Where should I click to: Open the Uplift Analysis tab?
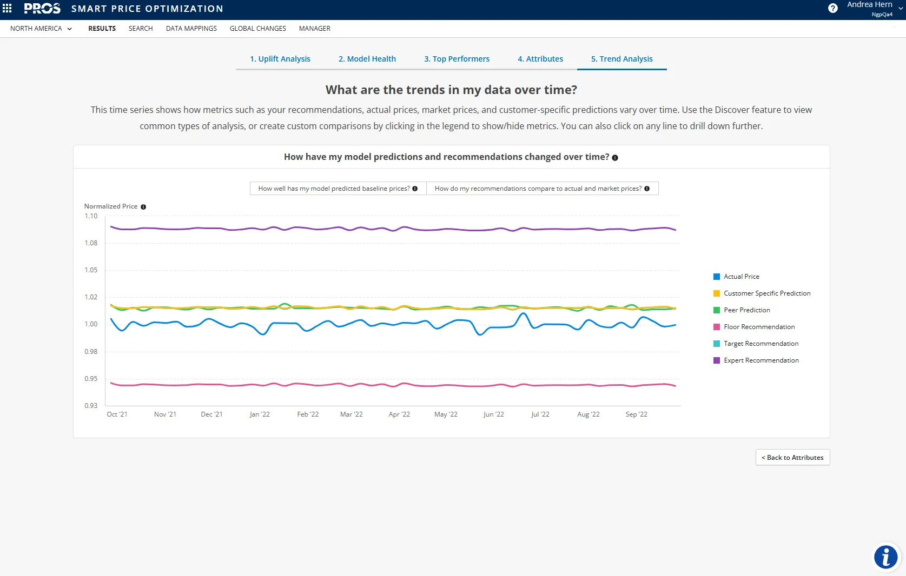pos(280,59)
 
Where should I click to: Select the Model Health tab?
pos(367,59)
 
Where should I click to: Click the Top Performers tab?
pos(457,59)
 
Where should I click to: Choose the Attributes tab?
pos(540,59)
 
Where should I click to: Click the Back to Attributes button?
pos(792,458)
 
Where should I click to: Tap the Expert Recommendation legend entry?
pos(760,360)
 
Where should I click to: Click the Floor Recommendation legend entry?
pos(759,327)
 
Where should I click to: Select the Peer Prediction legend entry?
pos(746,310)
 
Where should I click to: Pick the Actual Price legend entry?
pos(741,277)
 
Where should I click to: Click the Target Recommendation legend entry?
pos(760,344)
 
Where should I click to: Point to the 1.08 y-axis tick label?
pos(91,243)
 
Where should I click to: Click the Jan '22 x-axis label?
pos(260,414)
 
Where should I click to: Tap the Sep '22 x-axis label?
pos(636,414)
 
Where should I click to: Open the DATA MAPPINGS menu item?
pos(191,29)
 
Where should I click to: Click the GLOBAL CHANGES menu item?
pos(257,29)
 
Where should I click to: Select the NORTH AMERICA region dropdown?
pos(41,29)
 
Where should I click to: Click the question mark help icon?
pos(832,8)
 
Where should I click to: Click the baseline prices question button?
pos(338,189)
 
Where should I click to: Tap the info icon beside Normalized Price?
pos(143,207)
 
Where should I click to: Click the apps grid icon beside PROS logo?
pos(7,8)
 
